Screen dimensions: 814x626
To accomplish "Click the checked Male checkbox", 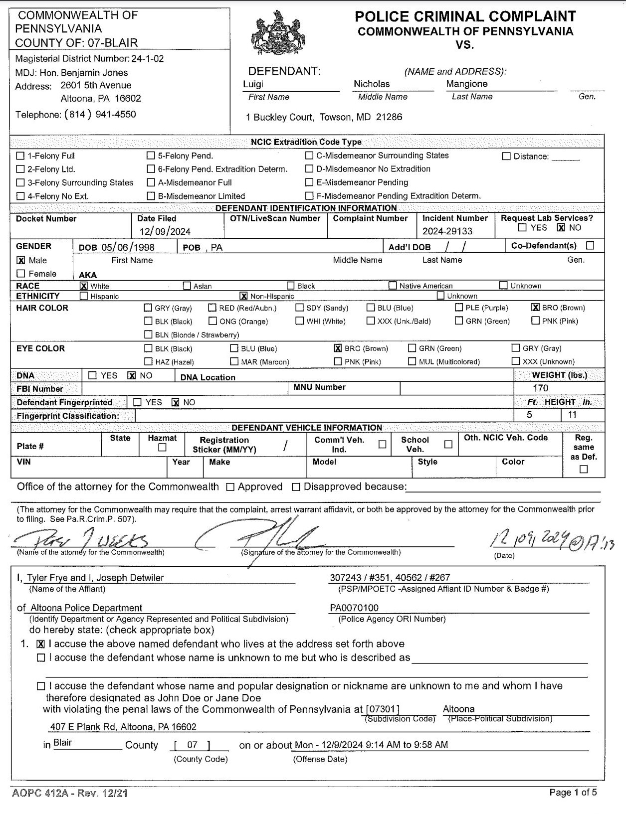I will point(21,260).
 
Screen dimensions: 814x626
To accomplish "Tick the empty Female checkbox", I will point(21,274).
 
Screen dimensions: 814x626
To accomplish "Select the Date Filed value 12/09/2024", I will point(165,231).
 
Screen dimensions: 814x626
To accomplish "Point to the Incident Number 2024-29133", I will point(447,231).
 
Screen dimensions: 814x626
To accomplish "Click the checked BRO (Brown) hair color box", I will point(536,308).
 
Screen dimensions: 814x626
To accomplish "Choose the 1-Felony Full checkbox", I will point(20,156).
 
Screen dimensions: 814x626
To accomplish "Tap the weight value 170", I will point(540,388).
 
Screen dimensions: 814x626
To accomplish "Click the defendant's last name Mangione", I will point(467,84).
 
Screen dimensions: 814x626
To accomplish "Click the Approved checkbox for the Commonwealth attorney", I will point(230,487).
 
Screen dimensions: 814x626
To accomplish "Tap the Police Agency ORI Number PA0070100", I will point(354,608).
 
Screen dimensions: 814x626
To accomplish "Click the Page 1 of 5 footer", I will point(573,792).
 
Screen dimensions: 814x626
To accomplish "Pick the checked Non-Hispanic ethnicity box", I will point(244,296).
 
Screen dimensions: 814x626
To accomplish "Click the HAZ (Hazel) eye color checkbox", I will point(148,361).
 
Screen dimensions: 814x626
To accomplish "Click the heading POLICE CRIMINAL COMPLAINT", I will point(465,16).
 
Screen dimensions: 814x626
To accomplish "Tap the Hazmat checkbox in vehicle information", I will point(162,448).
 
